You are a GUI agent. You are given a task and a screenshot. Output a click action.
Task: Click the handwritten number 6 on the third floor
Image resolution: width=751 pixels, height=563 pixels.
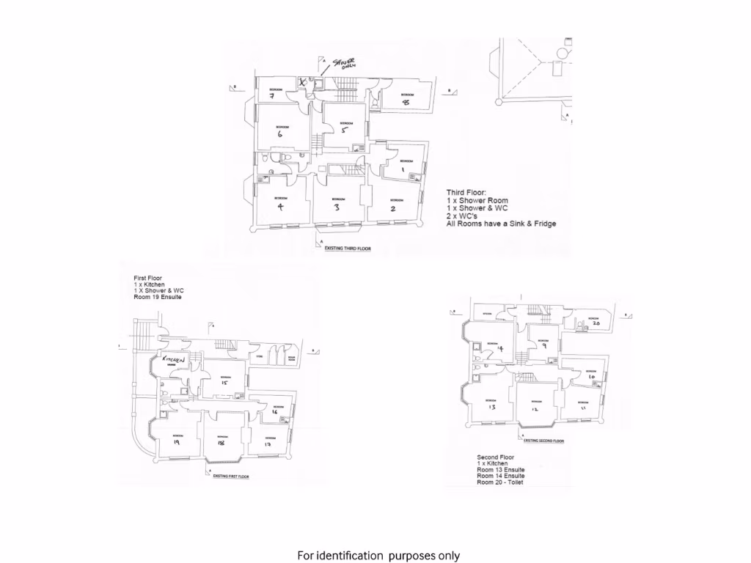click(280, 133)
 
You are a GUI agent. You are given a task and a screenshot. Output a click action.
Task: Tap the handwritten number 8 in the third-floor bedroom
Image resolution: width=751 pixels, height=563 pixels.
click(405, 103)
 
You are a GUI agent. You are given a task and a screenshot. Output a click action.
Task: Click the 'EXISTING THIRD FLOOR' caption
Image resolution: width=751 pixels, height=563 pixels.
click(348, 249)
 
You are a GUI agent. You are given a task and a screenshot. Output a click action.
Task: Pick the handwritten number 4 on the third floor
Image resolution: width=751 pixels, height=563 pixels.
click(280, 206)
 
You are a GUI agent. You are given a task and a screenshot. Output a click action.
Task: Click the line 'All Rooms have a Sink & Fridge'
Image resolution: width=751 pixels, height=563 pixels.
click(501, 224)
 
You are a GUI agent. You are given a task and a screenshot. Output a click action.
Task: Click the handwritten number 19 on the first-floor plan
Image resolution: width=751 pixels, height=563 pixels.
click(177, 442)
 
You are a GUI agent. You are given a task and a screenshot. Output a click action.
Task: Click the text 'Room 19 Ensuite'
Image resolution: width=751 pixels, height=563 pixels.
click(158, 298)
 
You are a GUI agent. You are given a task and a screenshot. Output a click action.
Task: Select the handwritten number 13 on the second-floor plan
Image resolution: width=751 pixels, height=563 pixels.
click(492, 407)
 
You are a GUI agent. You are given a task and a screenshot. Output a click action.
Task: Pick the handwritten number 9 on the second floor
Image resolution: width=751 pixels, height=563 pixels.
click(544, 347)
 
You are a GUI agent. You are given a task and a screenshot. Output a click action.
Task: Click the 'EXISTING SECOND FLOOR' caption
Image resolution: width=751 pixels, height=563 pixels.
click(543, 441)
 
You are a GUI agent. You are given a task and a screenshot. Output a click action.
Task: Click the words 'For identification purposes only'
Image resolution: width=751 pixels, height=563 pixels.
click(378, 556)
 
